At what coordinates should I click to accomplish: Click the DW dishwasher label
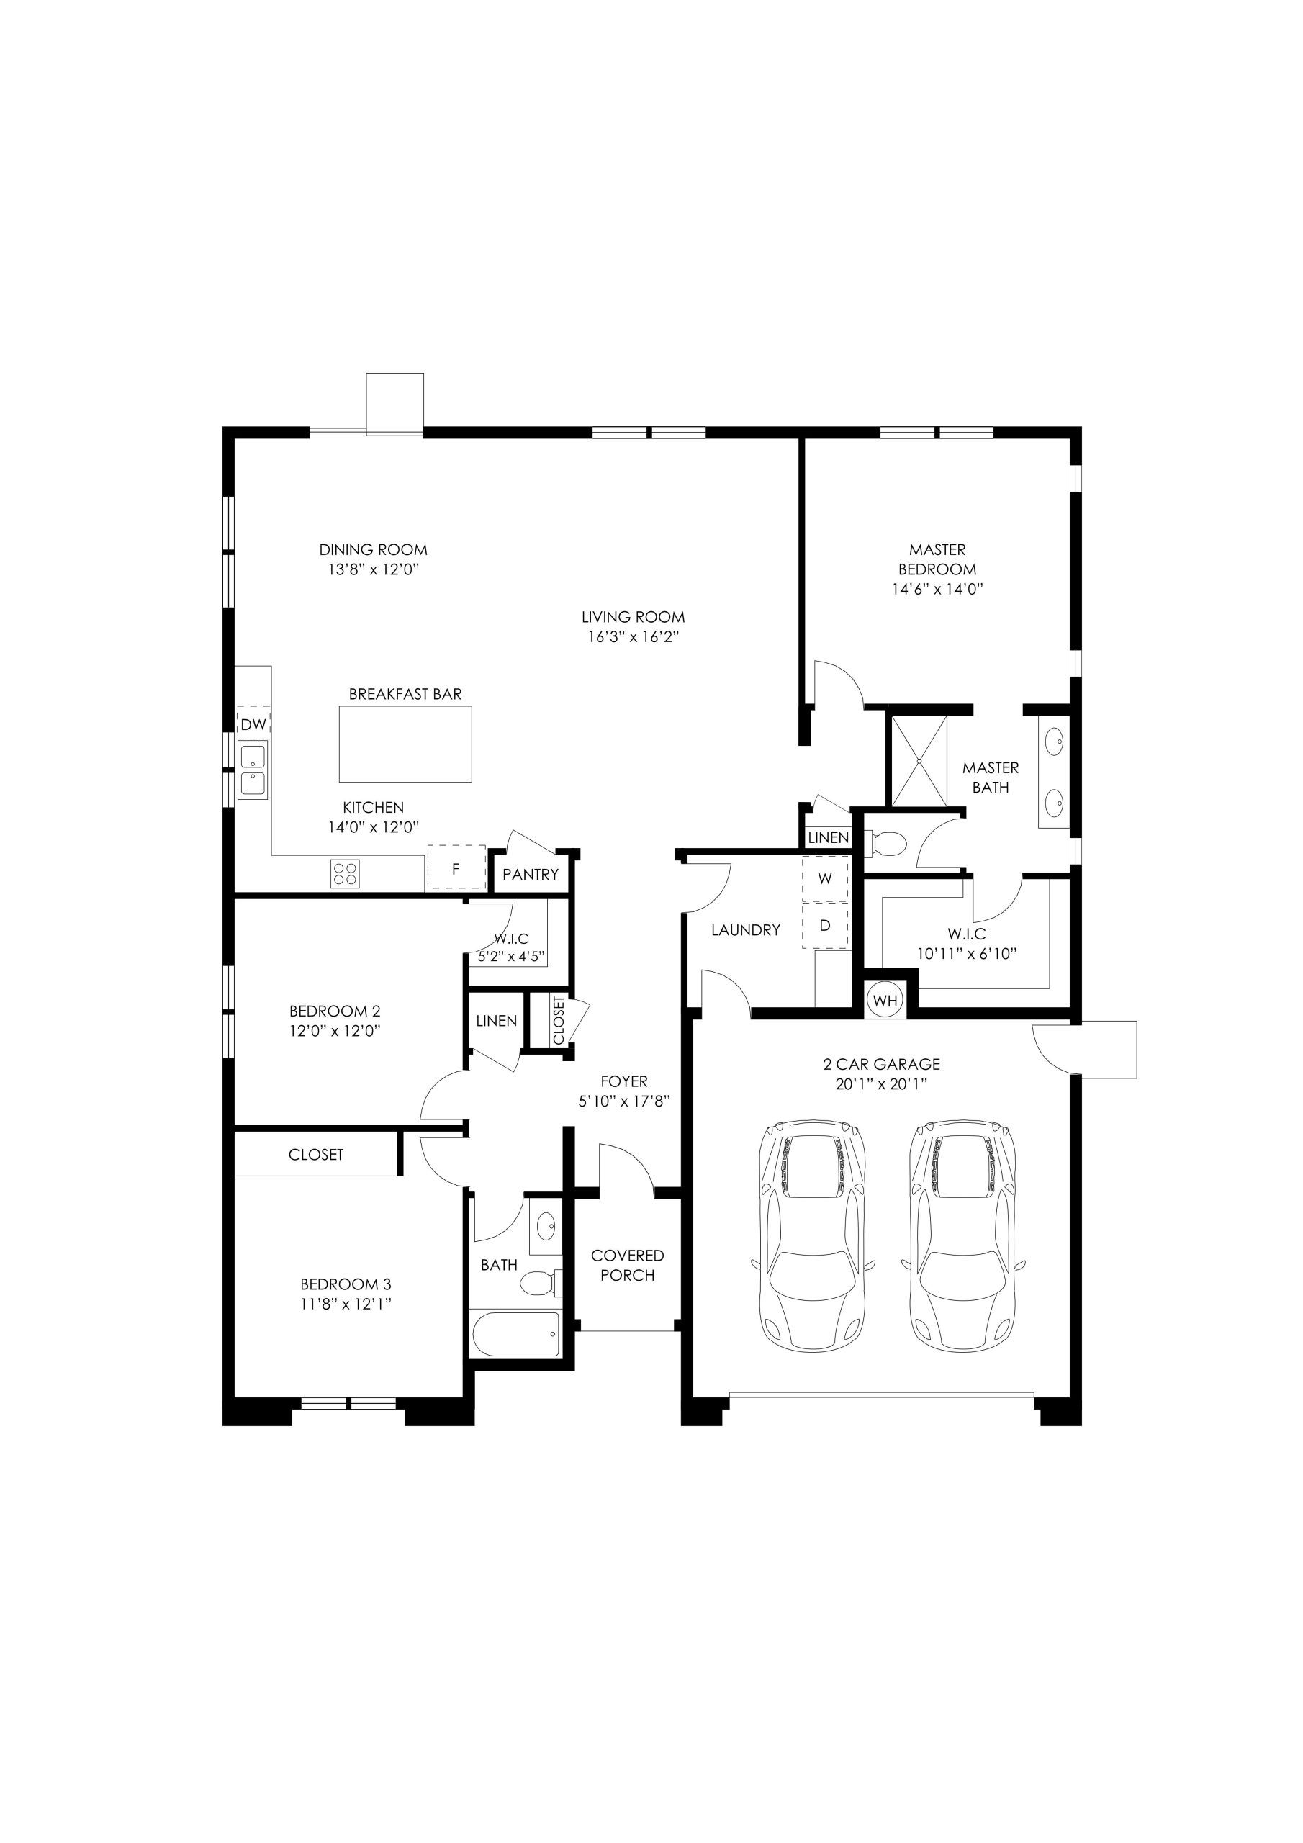point(253,725)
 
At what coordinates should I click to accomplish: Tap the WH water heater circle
point(885,1001)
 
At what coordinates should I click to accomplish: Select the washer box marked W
point(824,878)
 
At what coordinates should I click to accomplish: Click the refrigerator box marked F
point(456,868)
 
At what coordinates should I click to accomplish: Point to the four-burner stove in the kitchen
point(346,873)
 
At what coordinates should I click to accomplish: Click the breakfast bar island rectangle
point(405,744)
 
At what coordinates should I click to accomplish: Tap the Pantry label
point(530,875)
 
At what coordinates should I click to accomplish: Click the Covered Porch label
point(627,1265)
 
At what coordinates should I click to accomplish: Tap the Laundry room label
point(746,930)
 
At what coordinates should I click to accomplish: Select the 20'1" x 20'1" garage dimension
point(882,1084)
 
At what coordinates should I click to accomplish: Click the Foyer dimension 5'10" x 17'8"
point(625,1102)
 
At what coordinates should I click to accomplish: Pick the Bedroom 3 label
point(346,1284)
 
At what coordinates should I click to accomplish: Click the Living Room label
point(634,617)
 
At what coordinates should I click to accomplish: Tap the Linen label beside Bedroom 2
point(496,1021)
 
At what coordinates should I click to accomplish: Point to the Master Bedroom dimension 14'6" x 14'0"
point(938,588)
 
